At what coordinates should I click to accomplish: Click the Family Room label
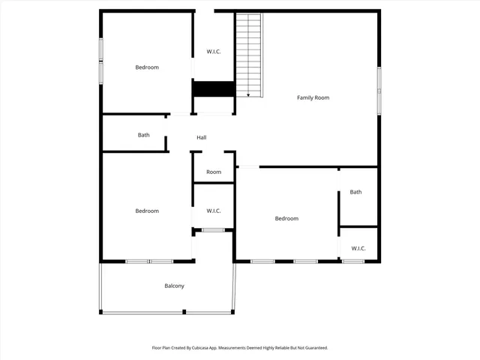click(313, 97)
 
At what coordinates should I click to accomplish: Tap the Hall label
click(201, 137)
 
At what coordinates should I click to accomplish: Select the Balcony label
click(174, 286)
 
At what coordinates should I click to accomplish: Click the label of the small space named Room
click(214, 172)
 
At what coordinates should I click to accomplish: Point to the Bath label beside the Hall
click(143, 135)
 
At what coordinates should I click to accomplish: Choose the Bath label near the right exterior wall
click(355, 192)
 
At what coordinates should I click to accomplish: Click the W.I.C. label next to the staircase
click(214, 52)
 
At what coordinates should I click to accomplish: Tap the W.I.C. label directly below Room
click(214, 211)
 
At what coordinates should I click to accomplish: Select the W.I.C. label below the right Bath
click(358, 248)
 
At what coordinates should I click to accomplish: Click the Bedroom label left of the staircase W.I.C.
click(147, 67)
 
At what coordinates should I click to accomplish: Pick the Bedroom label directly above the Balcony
click(147, 211)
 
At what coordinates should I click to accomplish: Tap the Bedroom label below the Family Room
click(286, 218)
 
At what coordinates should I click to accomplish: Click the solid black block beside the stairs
click(214, 88)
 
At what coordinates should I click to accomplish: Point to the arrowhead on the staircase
click(248, 94)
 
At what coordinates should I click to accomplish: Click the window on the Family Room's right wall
click(379, 90)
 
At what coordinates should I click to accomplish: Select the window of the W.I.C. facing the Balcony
click(213, 229)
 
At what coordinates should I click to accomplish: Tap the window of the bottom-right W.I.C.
click(353, 261)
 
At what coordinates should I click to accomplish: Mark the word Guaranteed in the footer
click(313, 348)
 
